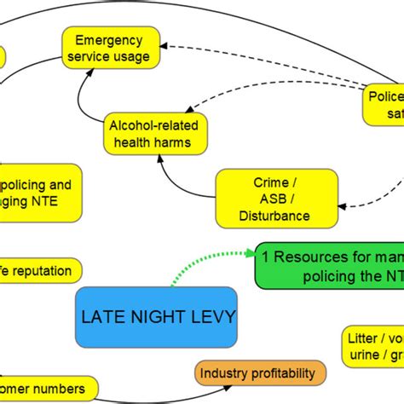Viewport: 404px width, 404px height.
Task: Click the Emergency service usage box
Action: point(112,48)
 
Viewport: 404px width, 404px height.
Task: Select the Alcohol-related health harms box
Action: point(149,134)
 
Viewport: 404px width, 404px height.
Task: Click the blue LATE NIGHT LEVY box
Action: point(158,317)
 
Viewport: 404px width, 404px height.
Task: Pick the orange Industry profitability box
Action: point(261,372)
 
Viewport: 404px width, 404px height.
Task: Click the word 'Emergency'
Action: point(112,40)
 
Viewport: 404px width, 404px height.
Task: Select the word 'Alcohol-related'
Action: point(149,125)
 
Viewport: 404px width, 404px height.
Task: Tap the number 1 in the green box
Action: point(266,256)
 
